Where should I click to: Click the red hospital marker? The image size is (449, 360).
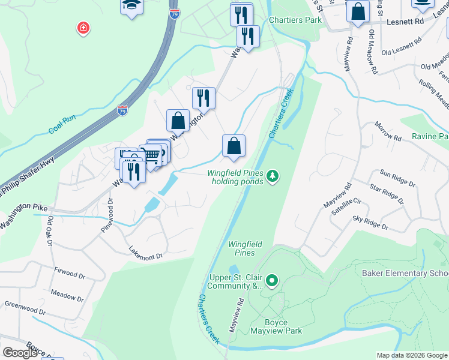click(83, 28)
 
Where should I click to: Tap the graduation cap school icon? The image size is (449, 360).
click(131, 6)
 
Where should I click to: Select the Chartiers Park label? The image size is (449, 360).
click(295, 20)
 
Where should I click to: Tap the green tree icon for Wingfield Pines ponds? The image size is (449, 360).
click(273, 176)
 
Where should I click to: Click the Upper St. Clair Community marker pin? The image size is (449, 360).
click(272, 280)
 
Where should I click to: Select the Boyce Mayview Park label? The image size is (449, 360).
click(276, 326)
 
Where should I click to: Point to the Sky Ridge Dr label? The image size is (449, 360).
click(370, 224)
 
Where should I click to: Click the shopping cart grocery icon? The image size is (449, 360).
click(151, 155)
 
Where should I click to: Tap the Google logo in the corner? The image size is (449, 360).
click(20, 353)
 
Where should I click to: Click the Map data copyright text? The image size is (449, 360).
click(412, 355)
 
